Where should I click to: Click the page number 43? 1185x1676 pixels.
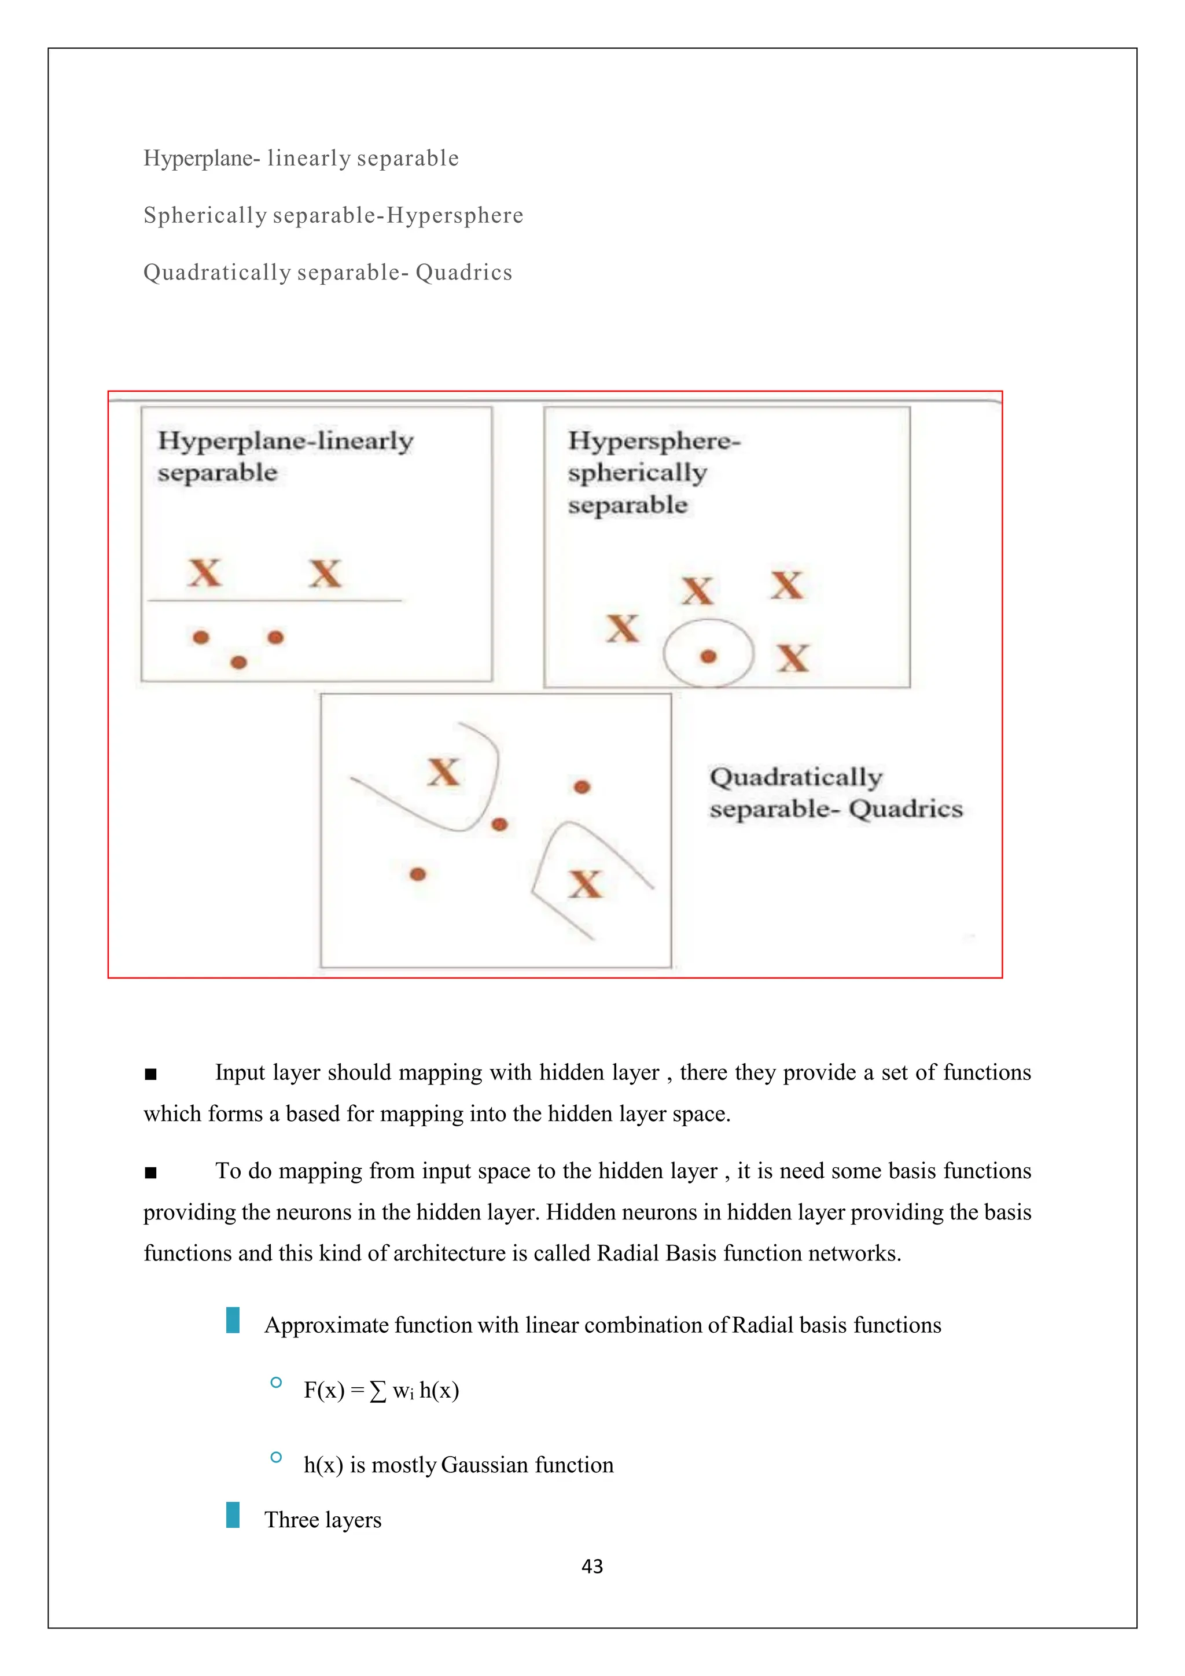[592, 1567]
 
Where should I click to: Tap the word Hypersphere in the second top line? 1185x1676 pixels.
[455, 215]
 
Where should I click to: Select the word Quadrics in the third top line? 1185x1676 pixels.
[464, 272]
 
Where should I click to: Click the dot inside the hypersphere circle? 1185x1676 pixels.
[708, 657]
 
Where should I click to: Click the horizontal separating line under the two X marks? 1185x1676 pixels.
[274, 601]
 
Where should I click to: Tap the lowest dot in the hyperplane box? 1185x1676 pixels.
[238, 662]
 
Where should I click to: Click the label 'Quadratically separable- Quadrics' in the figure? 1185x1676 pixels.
[836, 793]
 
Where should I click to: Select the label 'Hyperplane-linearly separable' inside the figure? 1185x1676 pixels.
[285, 456]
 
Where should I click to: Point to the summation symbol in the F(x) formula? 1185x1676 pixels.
[377, 1391]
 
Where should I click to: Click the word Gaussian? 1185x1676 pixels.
[484, 1465]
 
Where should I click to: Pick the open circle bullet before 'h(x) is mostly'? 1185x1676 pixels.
[276, 1457]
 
